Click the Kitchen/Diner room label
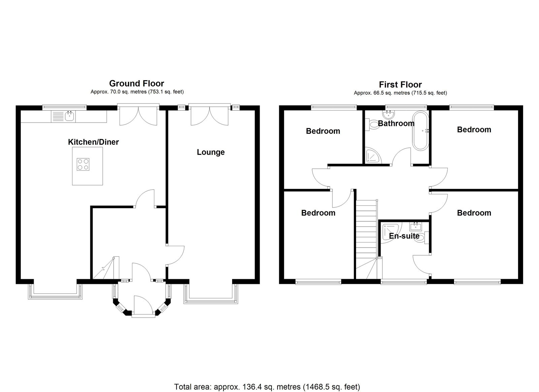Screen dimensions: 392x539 [93, 142]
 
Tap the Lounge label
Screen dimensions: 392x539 [211, 152]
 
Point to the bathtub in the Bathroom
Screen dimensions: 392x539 [421, 130]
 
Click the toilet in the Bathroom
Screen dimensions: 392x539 [373, 125]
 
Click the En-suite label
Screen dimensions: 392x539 [404, 236]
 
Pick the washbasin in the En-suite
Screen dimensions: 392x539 [416, 226]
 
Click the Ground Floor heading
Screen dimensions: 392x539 [136, 84]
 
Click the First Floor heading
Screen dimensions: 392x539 [400, 85]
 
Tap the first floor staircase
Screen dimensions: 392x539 [366, 236]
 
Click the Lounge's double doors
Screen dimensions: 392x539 [210, 116]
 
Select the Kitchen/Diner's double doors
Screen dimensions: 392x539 [138, 116]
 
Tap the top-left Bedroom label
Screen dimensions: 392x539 [323, 131]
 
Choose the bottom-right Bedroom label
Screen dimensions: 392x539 [474, 213]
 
